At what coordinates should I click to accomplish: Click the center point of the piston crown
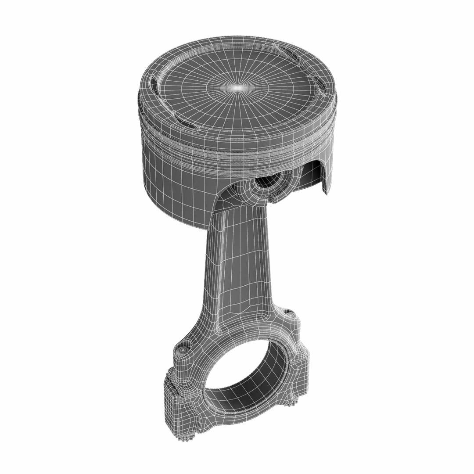(x=237, y=88)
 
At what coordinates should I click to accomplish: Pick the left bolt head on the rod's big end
(x=182, y=351)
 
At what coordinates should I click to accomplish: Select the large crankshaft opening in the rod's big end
(x=246, y=373)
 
